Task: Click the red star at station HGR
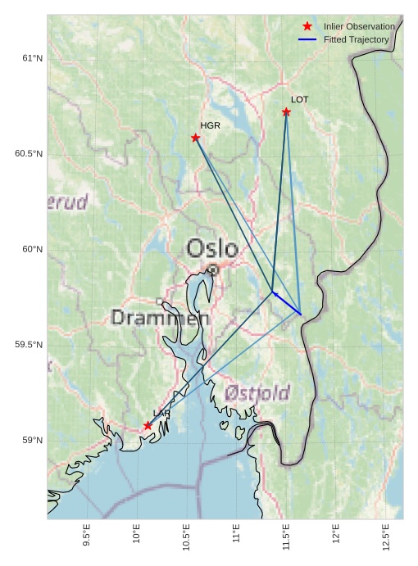click(x=195, y=138)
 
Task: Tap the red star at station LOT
click(x=286, y=111)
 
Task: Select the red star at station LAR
click(x=148, y=425)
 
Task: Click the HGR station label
click(x=211, y=125)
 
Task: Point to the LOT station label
click(x=299, y=99)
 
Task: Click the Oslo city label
click(x=212, y=248)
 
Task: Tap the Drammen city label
click(x=160, y=317)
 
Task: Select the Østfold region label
click(x=258, y=393)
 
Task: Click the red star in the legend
click(x=307, y=26)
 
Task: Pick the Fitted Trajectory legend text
click(x=356, y=39)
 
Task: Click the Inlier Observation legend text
click(x=359, y=26)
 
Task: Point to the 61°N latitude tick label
click(x=31, y=58)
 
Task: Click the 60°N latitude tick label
click(x=31, y=249)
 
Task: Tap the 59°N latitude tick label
click(x=31, y=441)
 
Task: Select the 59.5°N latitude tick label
click(x=29, y=345)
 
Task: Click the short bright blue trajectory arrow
click(x=287, y=303)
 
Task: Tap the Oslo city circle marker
click(x=212, y=269)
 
